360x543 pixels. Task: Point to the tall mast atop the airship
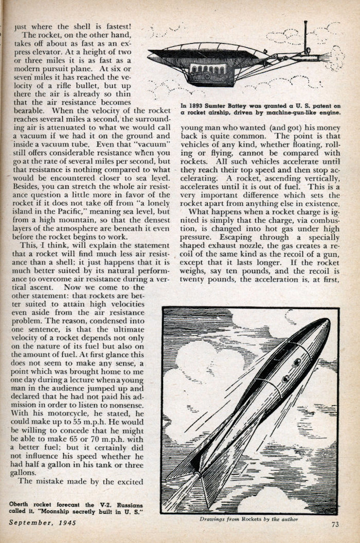[x=305, y=36]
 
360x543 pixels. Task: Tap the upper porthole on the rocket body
[x=297, y=363]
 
